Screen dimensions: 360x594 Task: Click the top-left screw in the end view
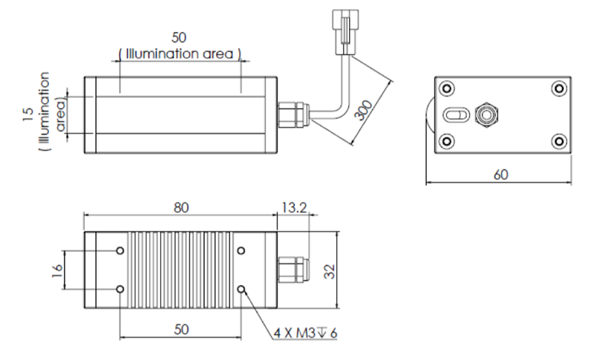(x=447, y=88)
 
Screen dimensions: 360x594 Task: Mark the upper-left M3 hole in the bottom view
(x=120, y=251)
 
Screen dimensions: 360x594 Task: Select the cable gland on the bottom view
(x=291, y=269)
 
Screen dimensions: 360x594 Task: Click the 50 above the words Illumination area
(x=180, y=38)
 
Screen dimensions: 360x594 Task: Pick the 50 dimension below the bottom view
(x=180, y=329)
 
